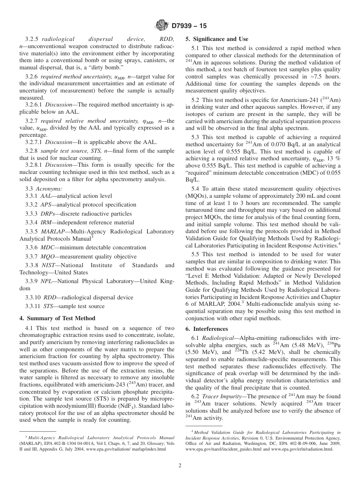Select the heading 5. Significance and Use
coord(217,39)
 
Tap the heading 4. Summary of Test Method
coord(57,318)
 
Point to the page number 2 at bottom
coord(180,466)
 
